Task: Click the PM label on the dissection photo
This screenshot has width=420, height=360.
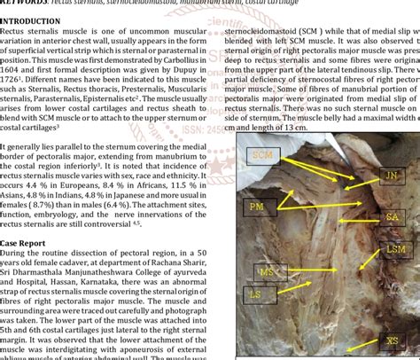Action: coord(256,207)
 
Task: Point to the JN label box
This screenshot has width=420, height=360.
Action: coord(391,176)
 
